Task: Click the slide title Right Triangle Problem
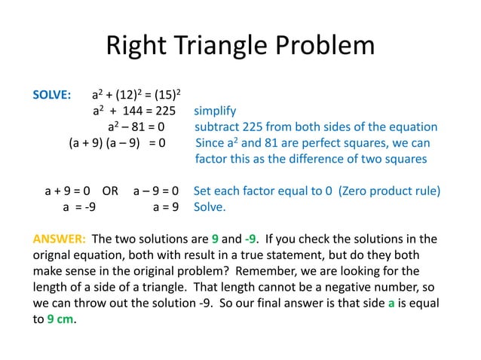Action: [x=240, y=46]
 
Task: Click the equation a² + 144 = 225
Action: [x=133, y=111]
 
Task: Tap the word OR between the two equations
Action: [x=110, y=191]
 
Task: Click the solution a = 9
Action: [x=165, y=206]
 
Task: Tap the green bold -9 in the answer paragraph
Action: [x=254, y=240]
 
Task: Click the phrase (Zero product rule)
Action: [x=388, y=191]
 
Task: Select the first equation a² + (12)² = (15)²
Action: [x=136, y=96]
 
